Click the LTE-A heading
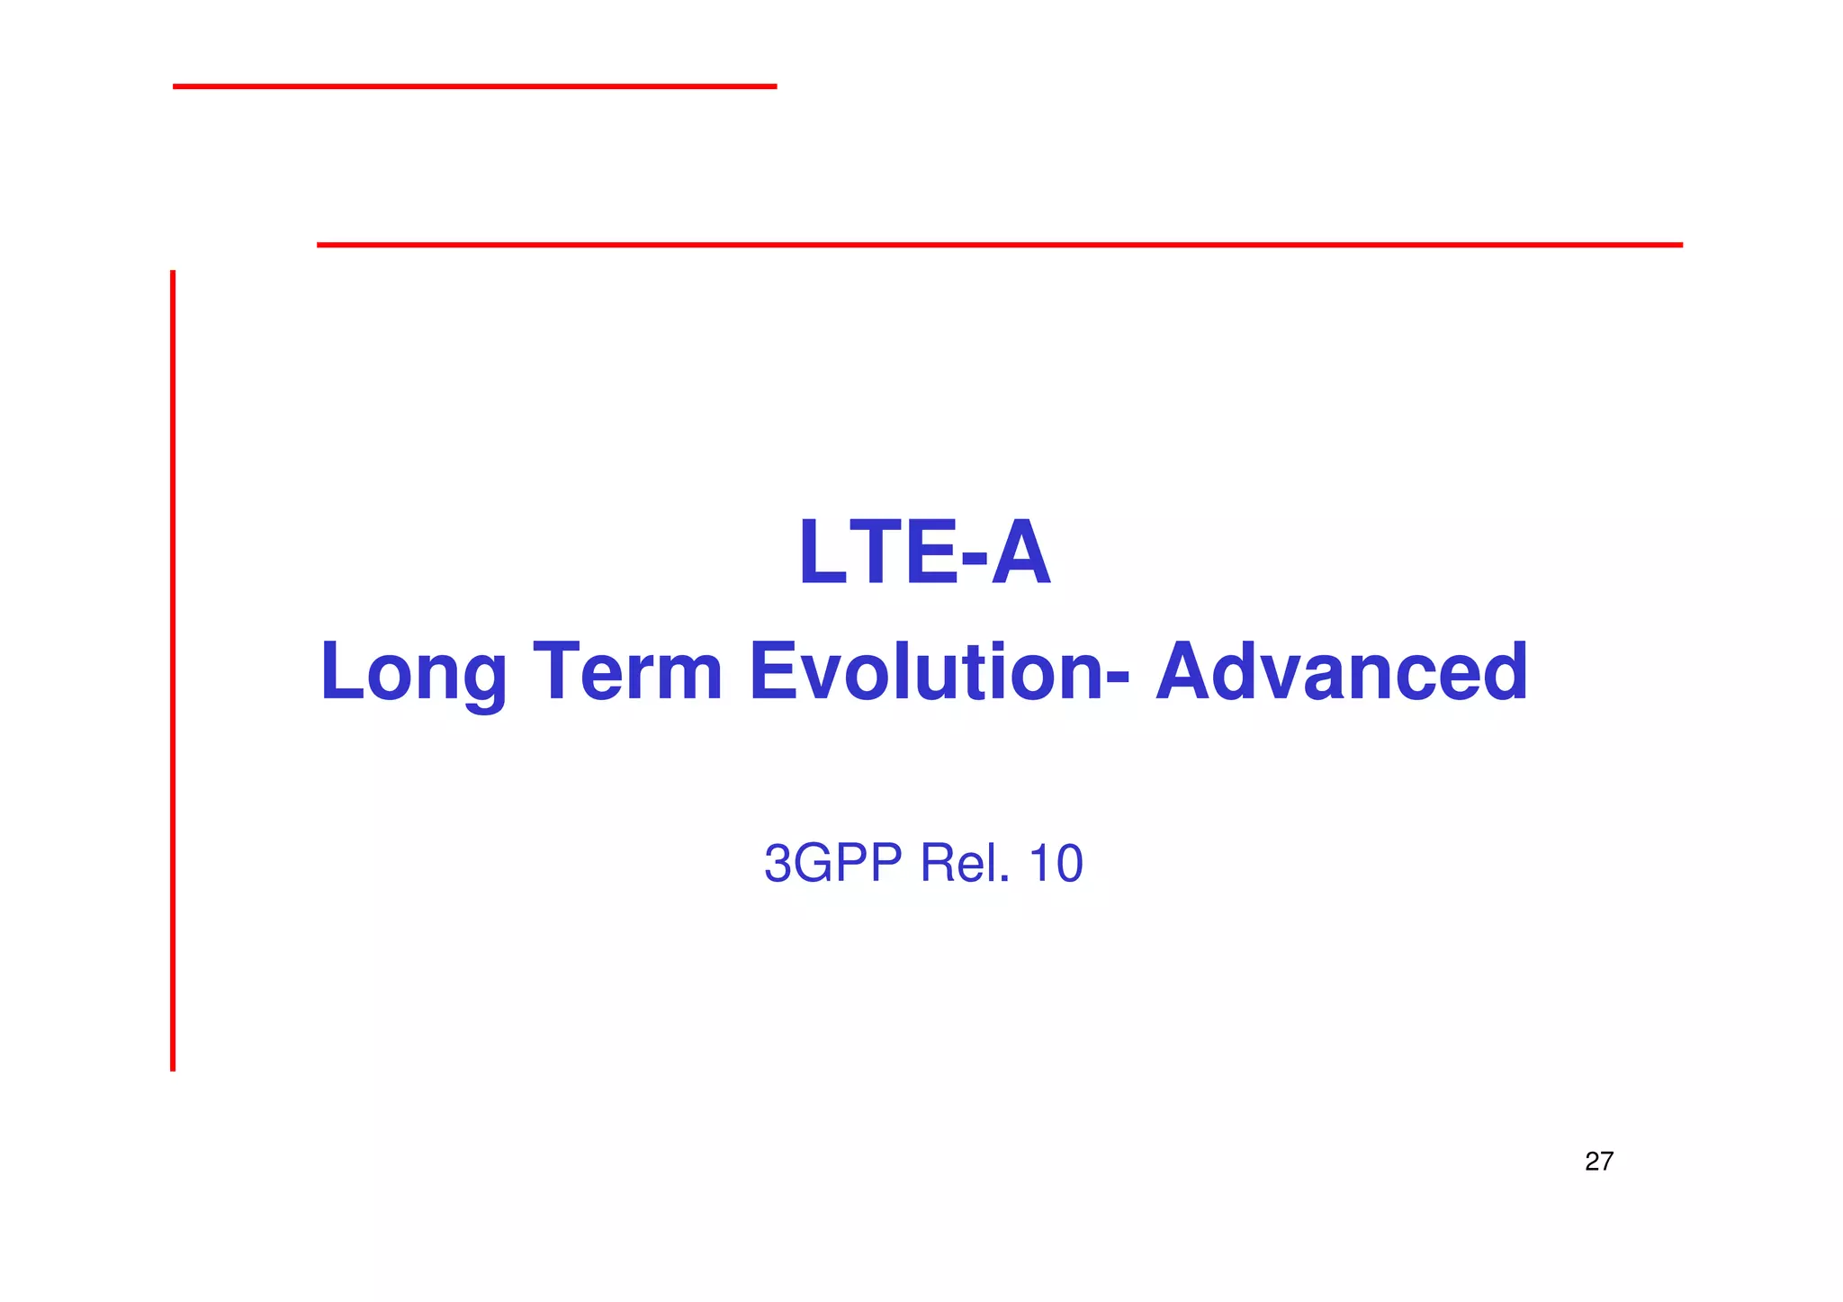click(x=924, y=552)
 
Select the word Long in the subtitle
click(x=413, y=672)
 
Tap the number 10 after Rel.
click(x=1055, y=863)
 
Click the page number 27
click(x=1598, y=1162)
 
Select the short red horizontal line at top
click(x=474, y=86)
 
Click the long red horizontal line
click(x=999, y=244)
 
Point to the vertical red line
click(x=173, y=670)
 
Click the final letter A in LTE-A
click(x=1021, y=552)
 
